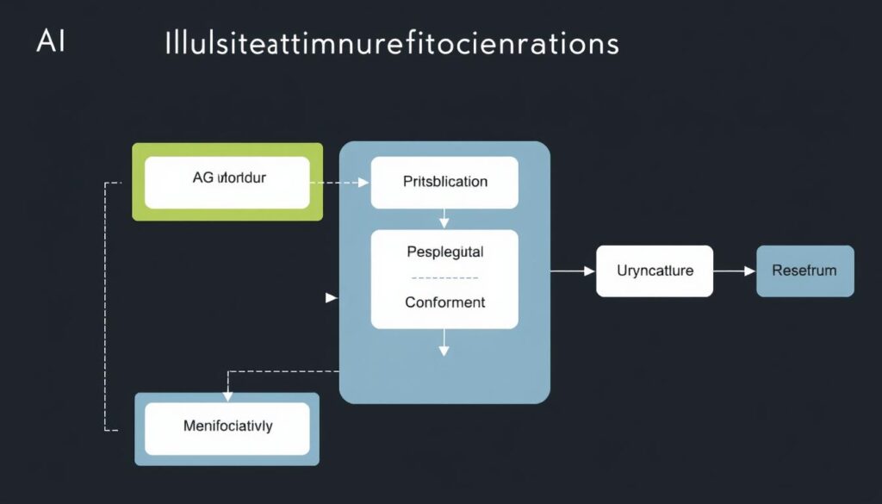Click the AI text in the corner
click(50, 42)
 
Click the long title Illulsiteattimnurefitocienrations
click(391, 44)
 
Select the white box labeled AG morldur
click(227, 182)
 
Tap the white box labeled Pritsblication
click(444, 182)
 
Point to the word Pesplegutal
click(444, 253)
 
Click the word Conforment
click(444, 302)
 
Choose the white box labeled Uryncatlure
click(655, 271)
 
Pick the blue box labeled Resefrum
click(804, 271)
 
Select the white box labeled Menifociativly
click(227, 426)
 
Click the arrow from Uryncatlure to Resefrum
click(735, 271)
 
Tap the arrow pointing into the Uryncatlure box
click(587, 271)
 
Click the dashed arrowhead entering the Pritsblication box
click(363, 183)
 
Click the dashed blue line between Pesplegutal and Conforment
click(444, 278)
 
